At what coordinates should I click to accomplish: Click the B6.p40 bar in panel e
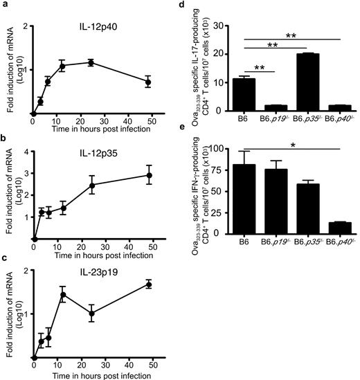(339, 228)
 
